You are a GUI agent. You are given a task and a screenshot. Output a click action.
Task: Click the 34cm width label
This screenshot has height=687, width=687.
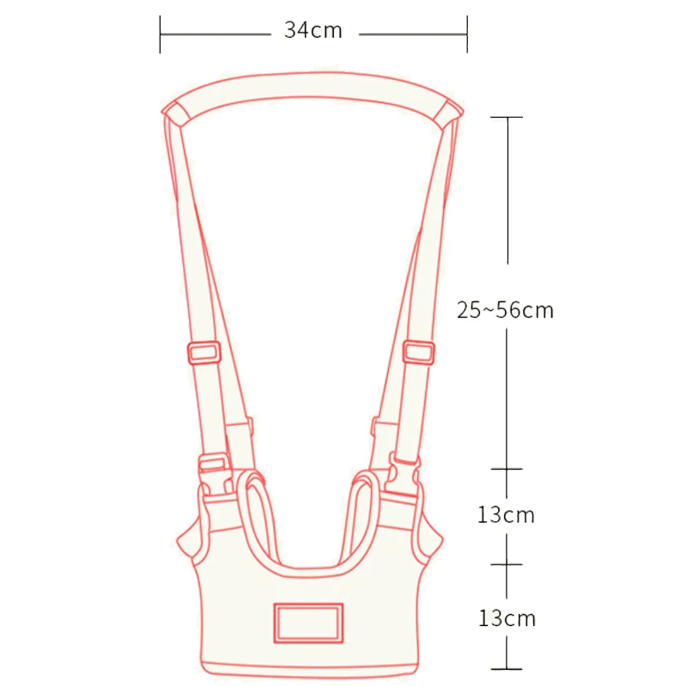click(313, 31)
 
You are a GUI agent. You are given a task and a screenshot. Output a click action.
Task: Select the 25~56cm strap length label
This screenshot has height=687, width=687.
click(505, 311)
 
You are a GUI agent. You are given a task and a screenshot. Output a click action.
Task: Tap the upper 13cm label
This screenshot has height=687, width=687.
click(506, 515)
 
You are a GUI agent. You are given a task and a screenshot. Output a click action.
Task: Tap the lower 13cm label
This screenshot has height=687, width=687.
click(506, 617)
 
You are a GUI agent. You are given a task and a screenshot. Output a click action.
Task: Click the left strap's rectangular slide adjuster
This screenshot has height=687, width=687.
click(204, 352)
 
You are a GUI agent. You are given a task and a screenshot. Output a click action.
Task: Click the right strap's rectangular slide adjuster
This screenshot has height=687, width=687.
click(418, 352)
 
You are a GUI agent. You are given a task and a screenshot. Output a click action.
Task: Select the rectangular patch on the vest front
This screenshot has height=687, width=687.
click(309, 622)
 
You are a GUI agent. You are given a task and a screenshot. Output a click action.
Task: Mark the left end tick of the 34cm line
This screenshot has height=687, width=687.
click(161, 32)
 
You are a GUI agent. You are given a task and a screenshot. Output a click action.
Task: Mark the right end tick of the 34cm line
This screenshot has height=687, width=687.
click(466, 32)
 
